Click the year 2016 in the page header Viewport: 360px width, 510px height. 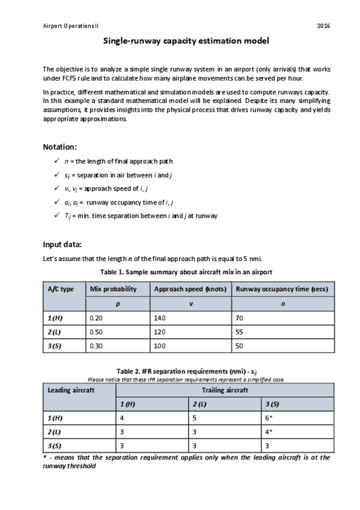[323, 26]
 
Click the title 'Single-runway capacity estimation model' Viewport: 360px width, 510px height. [186, 41]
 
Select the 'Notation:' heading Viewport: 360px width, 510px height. [59, 147]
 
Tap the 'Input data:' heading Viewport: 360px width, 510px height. [63, 245]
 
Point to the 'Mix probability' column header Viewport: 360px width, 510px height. [113, 289]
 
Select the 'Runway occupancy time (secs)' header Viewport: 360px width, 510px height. [282, 289]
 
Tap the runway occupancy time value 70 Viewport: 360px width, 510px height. [240, 319]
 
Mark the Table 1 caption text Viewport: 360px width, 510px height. [186, 272]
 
